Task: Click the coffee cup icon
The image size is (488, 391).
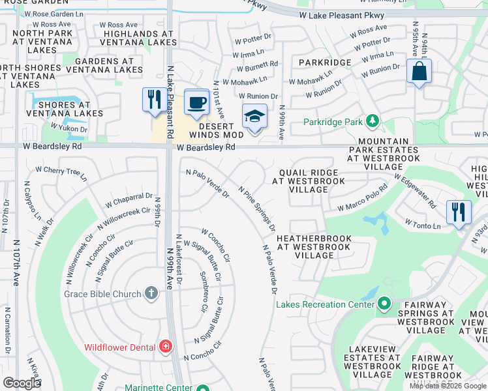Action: point(196,102)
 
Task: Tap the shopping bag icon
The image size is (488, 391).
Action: point(419,70)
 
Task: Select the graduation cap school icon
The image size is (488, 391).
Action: point(254,117)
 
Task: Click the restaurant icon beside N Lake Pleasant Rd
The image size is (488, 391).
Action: point(154,100)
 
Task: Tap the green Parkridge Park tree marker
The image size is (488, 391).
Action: point(372,121)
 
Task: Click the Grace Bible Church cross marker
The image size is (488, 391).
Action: point(151,294)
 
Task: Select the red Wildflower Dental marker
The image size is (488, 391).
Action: point(166,347)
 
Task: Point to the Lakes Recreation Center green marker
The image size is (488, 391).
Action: point(384,304)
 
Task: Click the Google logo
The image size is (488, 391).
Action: point(22,383)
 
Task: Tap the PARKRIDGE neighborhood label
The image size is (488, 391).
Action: point(325,63)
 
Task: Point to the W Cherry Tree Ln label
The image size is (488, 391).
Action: point(61,173)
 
